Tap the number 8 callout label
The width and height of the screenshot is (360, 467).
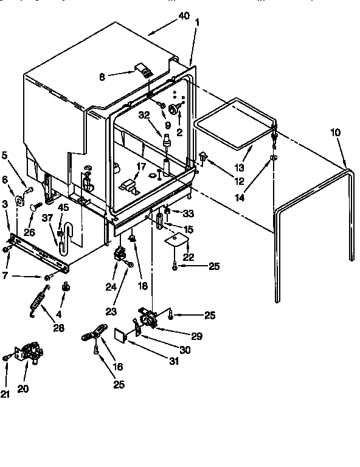pyautogui.click(x=102, y=77)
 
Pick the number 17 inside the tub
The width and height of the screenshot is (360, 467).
pyautogui.click(x=140, y=166)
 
